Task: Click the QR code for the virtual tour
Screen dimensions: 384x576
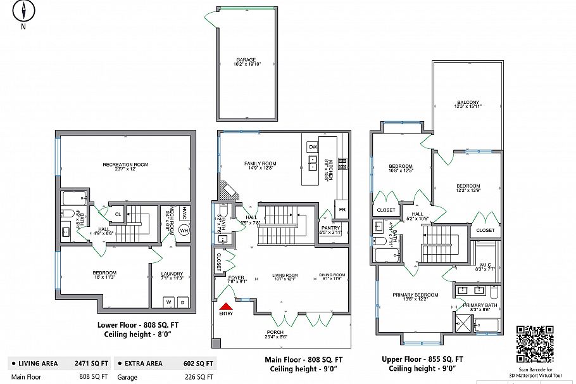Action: click(x=535, y=343)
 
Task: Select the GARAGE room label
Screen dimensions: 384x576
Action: click(x=246, y=60)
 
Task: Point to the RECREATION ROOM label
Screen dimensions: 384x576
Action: click(x=125, y=165)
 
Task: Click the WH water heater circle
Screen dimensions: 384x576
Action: click(x=184, y=230)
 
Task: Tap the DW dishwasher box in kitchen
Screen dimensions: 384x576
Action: click(x=312, y=147)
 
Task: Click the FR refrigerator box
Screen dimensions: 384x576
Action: click(x=342, y=209)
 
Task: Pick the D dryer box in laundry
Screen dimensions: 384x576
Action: click(x=182, y=302)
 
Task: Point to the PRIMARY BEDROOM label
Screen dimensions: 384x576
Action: click(x=415, y=295)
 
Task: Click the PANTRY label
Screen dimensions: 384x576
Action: click(x=330, y=228)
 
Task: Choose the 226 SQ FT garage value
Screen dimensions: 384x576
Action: click(x=200, y=376)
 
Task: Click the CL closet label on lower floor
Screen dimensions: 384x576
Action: click(x=118, y=214)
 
